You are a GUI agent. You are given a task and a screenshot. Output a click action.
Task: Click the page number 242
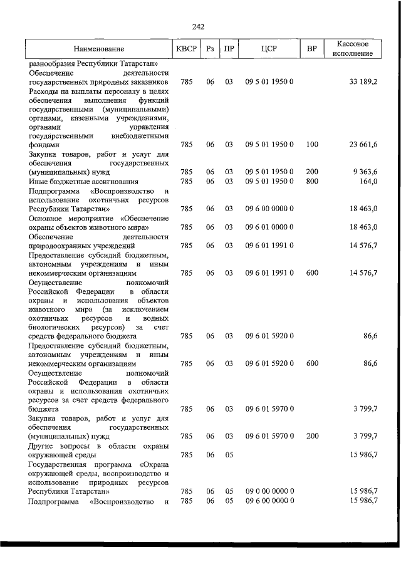(x=199, y=26)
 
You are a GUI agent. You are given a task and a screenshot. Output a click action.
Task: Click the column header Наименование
(x=98, y=48)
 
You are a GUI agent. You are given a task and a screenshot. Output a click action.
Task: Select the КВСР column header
(x=186, y=48)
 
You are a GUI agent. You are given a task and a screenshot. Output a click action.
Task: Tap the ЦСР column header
(x=269, y=48)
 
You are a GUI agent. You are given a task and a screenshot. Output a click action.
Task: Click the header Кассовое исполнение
(x=354, y=48)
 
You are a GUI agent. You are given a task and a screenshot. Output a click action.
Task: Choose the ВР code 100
(x=312, y=145)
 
